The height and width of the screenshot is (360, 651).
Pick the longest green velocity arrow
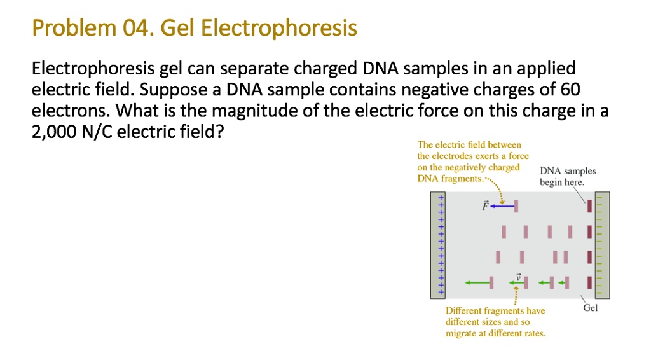[477, 282]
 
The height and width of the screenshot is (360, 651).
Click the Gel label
[591, 308]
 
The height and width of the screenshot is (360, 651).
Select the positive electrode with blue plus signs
[439, 245]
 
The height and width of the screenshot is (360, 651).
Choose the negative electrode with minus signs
[601, 245]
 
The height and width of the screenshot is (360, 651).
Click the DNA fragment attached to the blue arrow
[516, 206]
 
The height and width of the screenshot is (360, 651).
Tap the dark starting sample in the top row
[590, 206]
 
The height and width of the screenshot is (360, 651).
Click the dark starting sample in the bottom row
[590, 282]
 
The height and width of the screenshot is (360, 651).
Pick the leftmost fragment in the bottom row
[491, 282]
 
